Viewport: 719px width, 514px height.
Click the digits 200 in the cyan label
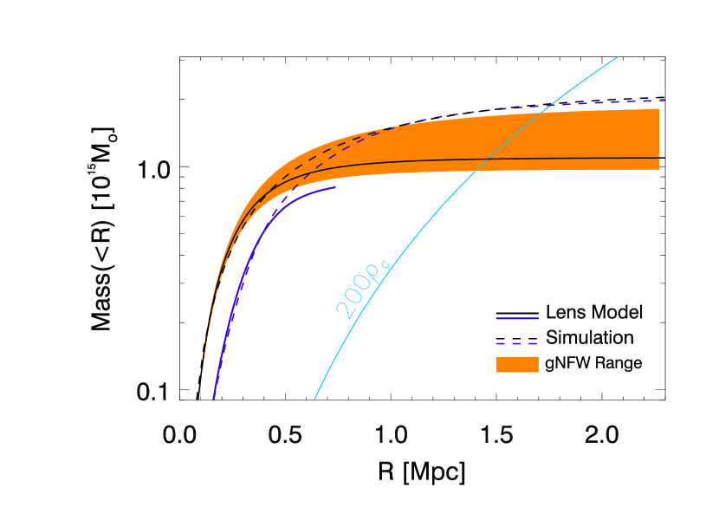(354, 296)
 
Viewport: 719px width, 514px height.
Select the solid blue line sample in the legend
(516, 319)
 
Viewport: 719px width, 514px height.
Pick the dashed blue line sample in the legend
(516, 343)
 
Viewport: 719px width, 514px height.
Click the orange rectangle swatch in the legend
(516, 365)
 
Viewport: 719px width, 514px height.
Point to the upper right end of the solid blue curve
(334, 187)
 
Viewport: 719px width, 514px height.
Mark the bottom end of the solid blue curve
(213, 399)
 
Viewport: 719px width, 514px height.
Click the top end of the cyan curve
(617, 58)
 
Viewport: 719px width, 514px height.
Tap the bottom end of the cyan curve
(314, 400)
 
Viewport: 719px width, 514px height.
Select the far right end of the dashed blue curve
(664, 101)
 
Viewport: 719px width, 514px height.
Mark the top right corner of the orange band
(658, 109)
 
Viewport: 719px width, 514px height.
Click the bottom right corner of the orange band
(658, 169)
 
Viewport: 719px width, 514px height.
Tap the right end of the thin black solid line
(658, 158)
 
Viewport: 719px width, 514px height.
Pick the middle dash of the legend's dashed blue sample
(516, 343)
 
